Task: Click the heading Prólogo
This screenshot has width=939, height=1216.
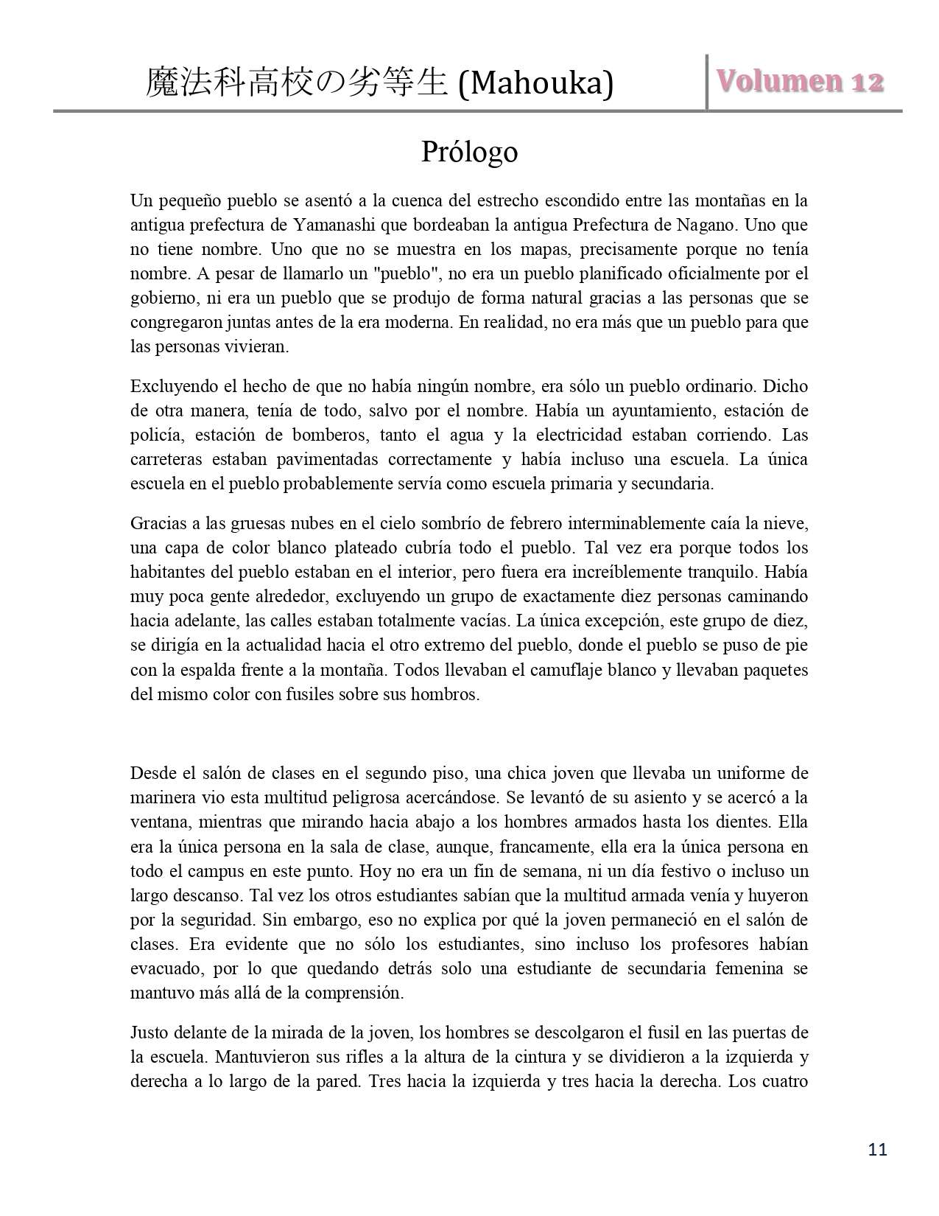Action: pos(469,152)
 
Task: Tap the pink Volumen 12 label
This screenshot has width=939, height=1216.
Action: pos(801,82)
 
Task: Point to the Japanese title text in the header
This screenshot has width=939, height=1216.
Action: pos(296,84)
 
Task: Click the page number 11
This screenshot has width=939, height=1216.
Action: pos(878,1149)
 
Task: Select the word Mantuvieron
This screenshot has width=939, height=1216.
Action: pos(260,1057)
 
